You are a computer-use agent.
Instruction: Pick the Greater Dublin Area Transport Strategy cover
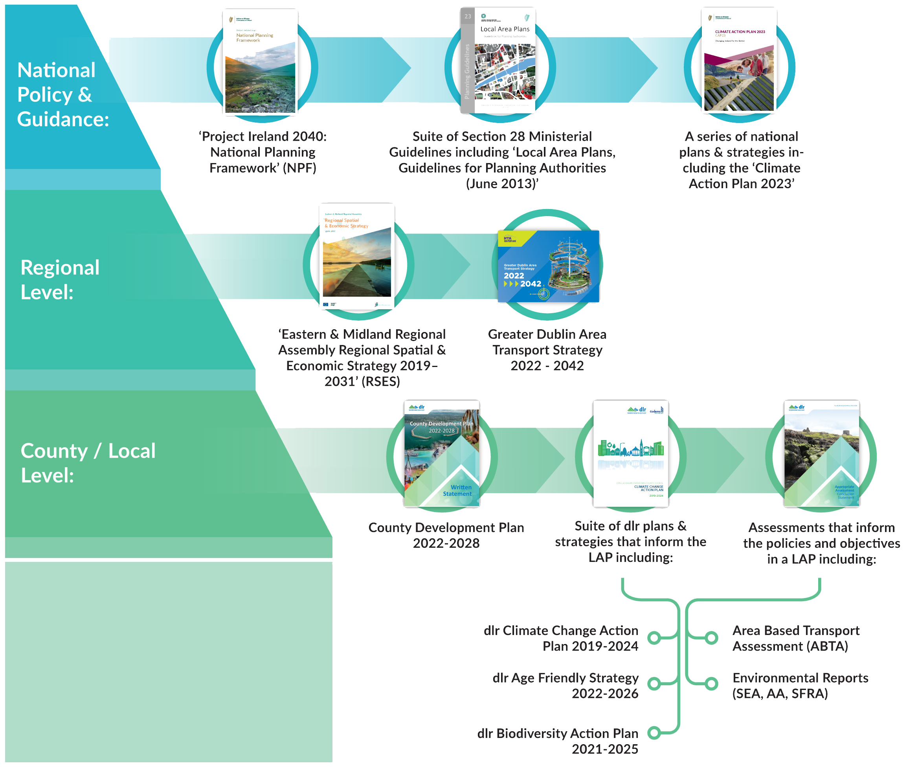pos(548,266)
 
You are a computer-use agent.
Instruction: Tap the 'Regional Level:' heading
pos(60,280)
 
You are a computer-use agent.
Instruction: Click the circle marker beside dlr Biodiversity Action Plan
pos(654,733)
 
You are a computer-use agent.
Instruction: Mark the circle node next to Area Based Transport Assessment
pos(711,638)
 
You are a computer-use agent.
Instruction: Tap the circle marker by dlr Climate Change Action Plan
pos(654,638)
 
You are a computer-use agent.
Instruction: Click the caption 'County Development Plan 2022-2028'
pos(446,535)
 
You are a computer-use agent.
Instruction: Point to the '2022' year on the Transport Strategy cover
pos(514,276)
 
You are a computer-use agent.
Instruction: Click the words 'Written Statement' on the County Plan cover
pos(457,490)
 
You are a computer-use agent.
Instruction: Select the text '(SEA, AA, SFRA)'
pos(780,694)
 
